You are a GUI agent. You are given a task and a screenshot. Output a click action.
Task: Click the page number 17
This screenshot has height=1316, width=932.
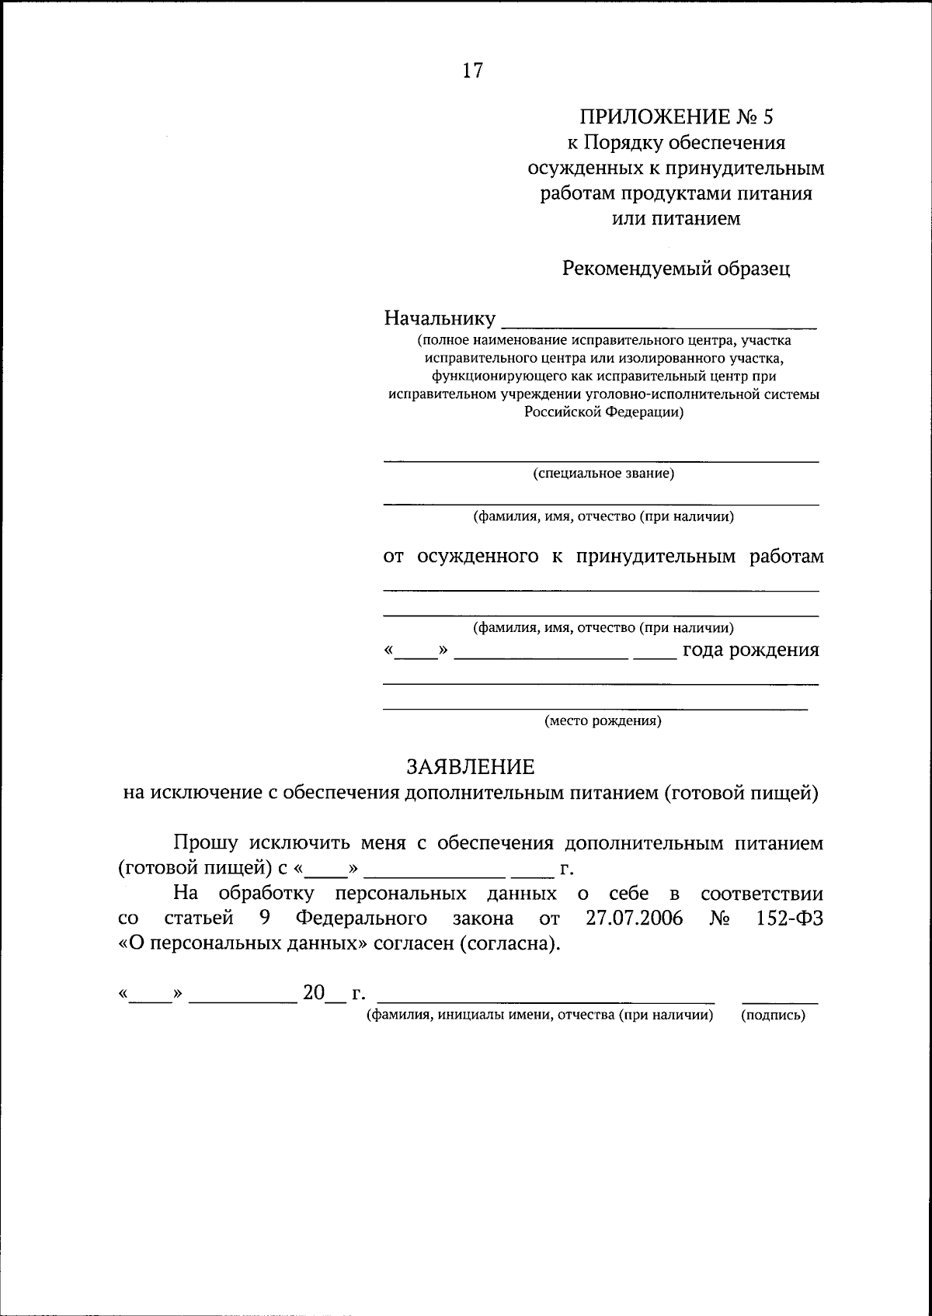click(x=472, y=71)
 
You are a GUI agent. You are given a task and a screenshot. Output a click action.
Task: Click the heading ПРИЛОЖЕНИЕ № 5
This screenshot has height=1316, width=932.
click(x=676, y=118)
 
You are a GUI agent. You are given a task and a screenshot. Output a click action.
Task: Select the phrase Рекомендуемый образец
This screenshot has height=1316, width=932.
click(x=676, y=269)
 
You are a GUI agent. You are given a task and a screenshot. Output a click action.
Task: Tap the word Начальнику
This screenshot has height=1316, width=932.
click(x=440, y=318)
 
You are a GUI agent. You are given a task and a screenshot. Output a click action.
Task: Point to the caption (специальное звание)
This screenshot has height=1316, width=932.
click(x=603, y=474)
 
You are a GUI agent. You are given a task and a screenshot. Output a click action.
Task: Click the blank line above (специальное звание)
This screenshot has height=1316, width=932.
click(x=600, y=460)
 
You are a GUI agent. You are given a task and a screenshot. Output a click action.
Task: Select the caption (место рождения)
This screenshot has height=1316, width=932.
click(x=603, y=721)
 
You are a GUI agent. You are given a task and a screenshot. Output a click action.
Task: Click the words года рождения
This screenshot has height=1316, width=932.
click(x=750, y=650)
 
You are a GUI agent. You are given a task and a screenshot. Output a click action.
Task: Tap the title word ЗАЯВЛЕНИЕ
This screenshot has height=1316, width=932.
click(x=471, y=767)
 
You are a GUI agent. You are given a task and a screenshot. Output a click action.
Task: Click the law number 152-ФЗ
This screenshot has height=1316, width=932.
click(x=788, y=918)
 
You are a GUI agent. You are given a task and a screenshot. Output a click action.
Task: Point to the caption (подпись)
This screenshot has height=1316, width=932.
click(x=774, y=1015)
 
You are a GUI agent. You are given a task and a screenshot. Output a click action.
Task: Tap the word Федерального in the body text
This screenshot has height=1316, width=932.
click(x=361, y=918)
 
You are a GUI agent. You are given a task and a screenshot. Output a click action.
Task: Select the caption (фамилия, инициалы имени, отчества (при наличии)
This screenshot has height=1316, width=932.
click(x=540, y=1015)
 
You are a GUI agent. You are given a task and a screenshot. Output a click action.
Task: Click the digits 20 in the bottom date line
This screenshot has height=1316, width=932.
click(x=313, y=993)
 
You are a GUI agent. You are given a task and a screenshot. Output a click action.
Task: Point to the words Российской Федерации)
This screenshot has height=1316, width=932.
click(x=603, y=413)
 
